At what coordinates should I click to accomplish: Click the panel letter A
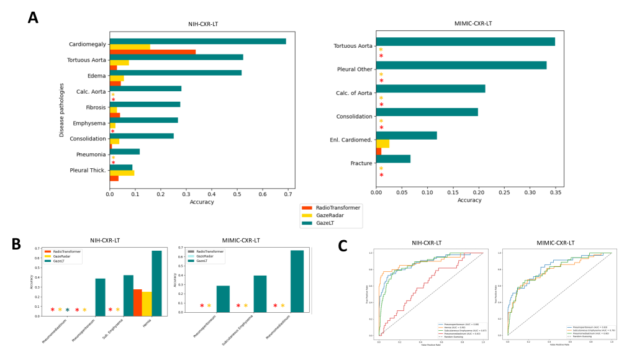(33, 17)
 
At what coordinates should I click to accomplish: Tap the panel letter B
(17, 244)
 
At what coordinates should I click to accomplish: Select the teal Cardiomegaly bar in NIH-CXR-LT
(197, 41)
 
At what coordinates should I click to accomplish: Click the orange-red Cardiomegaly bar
(153, 52)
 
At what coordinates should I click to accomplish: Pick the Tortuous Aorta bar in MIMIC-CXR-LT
(465, 42)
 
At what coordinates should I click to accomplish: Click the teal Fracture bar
(393, 159)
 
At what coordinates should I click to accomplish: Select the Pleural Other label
(353, 70)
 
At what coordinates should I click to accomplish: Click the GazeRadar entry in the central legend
(330, 215)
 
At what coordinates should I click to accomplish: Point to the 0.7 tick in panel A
(287, 194)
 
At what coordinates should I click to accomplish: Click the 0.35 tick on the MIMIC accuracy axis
(554, 192)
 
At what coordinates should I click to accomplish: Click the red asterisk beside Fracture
(381, 176)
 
